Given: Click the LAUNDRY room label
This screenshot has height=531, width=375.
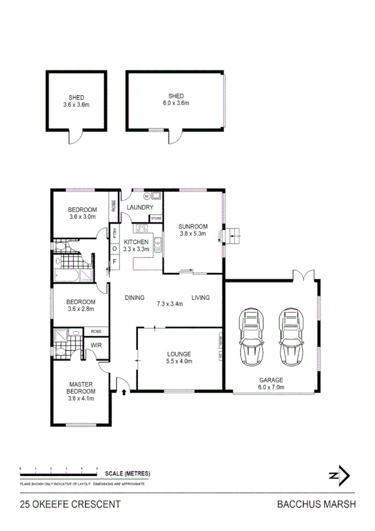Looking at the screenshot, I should pyautogui.click(x=140, y=208).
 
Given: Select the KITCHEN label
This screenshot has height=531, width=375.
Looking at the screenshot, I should pyautogui.click(x=136, y=245).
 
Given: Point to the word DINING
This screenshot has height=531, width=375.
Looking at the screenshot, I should pyautogui.click(x=135, y=297).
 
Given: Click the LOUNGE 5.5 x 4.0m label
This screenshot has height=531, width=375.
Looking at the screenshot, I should pyautogui.click(x=178, y=357).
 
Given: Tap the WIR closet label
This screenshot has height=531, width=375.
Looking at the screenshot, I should pyautogui.click(x=97, y=345).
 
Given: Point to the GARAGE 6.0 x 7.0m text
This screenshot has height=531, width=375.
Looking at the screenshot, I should pyautogui.click(x=272, y=383).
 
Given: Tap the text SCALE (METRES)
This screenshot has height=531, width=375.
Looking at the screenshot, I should pyautogui.click(x=127, y=473).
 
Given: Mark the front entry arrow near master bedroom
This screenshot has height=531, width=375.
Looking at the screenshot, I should pyautogui.click(x=123, y=392).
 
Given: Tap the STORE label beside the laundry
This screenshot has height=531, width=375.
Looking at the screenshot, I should pyautogui.click(x=156, y=218).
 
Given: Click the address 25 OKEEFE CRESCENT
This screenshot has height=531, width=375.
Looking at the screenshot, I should pyautogui.click(x=70, y=504).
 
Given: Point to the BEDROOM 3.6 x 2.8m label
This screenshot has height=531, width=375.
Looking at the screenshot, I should pyautogui.click(x=82, y=305).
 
